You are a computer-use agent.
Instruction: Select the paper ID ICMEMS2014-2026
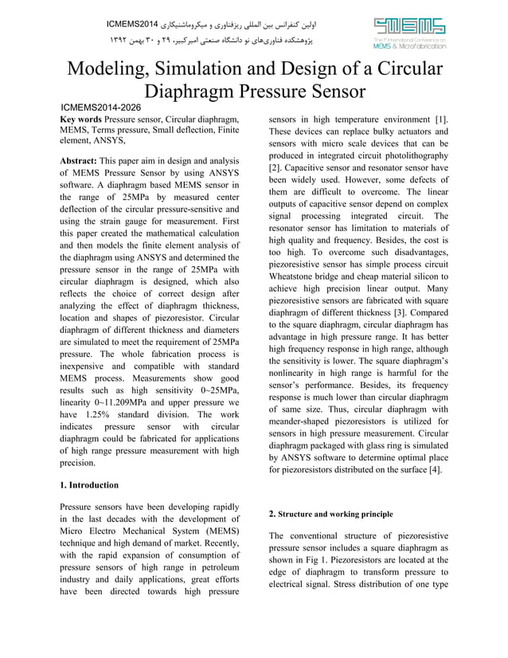102,107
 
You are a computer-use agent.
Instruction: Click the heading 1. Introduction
90,485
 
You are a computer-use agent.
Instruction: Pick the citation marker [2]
275,169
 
